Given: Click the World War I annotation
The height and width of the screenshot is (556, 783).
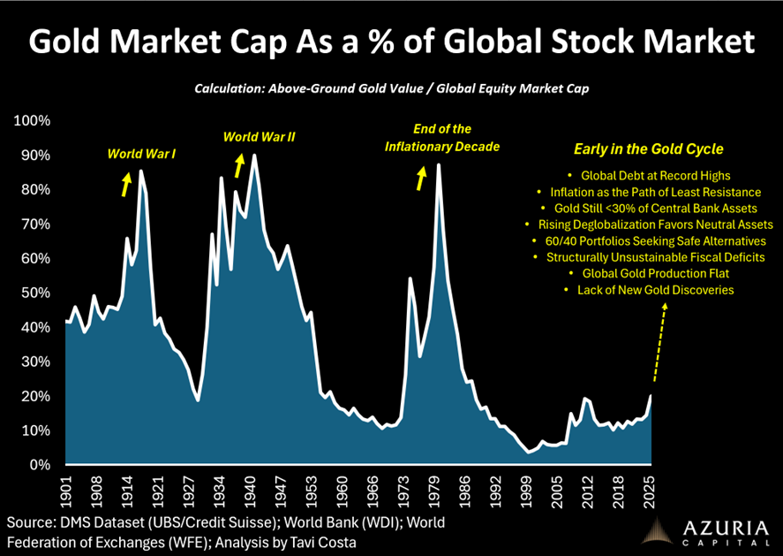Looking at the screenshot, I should [x=141, y=154].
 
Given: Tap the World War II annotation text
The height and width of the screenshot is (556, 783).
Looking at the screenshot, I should [x=259, y=137].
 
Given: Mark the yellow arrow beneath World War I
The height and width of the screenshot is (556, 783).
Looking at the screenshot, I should [x=126, y=184].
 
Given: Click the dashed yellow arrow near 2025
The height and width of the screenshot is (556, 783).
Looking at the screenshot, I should [x=659, y=340].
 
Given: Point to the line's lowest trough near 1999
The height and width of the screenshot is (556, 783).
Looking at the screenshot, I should [x=529, y=452].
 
